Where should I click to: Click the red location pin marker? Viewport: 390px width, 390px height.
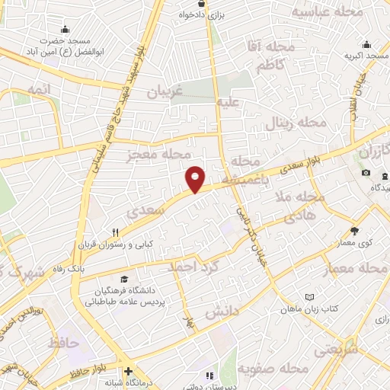coord(196,179)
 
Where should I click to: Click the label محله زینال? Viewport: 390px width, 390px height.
coord(298,123)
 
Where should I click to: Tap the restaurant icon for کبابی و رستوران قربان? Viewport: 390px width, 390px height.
coord(116,232)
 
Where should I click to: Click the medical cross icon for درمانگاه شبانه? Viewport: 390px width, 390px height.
coord(128,371)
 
